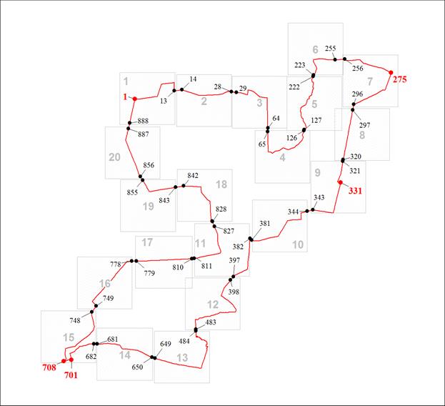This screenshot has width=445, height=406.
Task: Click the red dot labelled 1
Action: tap(135, 99)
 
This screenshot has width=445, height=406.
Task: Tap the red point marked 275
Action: tap(391, 72)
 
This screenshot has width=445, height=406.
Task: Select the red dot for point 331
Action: tap(340, 182)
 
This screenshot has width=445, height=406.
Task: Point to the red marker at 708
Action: tap(64, 361)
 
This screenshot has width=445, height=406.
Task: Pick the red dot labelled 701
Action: tap(71, 360)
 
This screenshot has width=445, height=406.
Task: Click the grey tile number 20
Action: tap(115, 157)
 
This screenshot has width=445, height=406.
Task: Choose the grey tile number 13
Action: tap(182, 357)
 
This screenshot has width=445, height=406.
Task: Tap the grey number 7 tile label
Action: tap(370, 81)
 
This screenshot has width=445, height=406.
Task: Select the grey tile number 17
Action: tap(147, 242)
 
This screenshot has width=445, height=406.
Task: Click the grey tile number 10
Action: tap(298, 244)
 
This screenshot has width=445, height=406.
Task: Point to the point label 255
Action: tap(331, 49)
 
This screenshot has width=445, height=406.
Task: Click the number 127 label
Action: tap(316, 120)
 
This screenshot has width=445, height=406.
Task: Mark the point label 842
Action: tap(193, 175)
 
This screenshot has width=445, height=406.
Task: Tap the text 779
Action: tap(149, 273)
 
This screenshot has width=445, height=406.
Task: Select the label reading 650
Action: tap(137, 367)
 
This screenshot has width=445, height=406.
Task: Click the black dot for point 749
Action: tap(96, 306)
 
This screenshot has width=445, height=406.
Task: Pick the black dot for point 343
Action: tap(313, 210)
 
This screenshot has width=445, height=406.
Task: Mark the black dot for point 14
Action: tap(181, 90)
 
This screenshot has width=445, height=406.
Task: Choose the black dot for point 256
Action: tap(344, 59)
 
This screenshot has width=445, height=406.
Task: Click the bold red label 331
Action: tap(355, 191)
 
